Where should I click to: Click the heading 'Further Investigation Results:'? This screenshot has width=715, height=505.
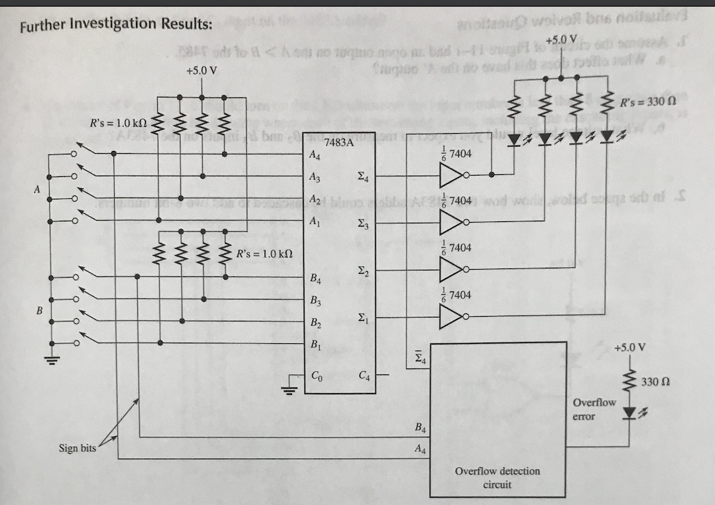click(x=116, y=26)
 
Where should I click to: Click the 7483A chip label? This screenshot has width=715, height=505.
click(x=338, y=143)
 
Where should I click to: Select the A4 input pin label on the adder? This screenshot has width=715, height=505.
click(x=316, y=156)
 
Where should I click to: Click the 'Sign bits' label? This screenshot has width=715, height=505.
click(x=77, y=448)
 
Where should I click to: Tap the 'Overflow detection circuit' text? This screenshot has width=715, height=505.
click(x=497, y=477)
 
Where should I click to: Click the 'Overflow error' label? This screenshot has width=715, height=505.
click(x=594, y=410)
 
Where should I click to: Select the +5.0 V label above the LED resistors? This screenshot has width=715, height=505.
click(x=562, y=38)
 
